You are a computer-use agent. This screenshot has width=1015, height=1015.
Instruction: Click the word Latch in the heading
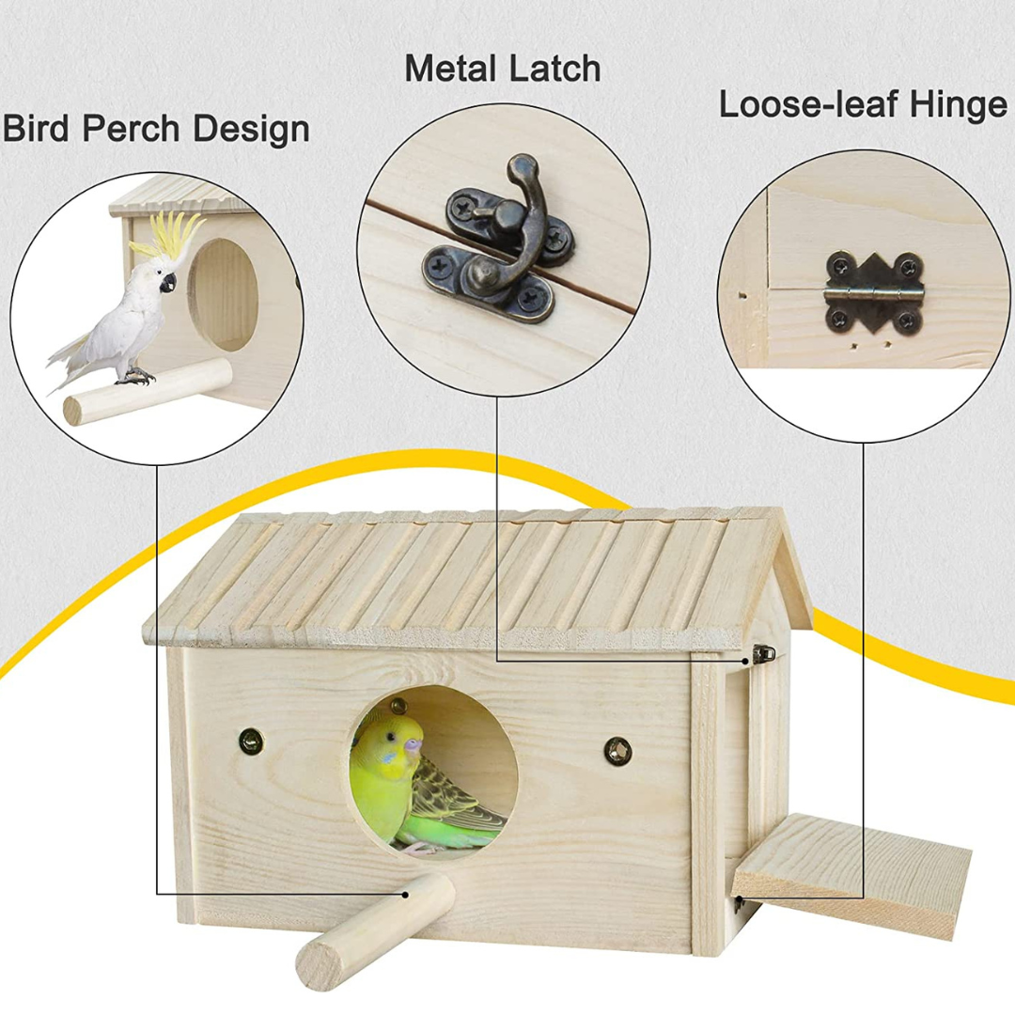(551, 70)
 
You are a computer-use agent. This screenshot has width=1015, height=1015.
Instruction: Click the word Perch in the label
(132, 129)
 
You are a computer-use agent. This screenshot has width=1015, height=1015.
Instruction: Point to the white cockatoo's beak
(168, 281)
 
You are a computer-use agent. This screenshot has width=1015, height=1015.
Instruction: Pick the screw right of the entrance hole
(617, 750)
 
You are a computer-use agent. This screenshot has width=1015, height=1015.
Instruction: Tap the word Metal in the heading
(448, 70)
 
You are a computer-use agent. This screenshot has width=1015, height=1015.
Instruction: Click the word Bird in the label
(37, 129)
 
